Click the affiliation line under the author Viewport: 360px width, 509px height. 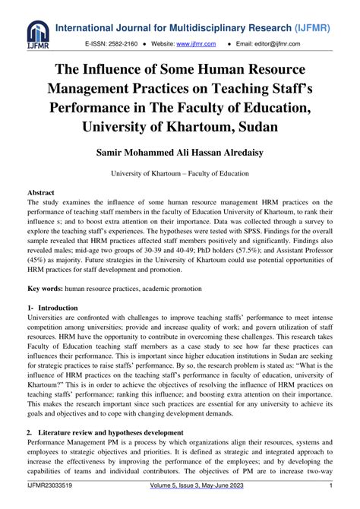(180, 174)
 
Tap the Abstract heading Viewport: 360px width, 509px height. (41, 194)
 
